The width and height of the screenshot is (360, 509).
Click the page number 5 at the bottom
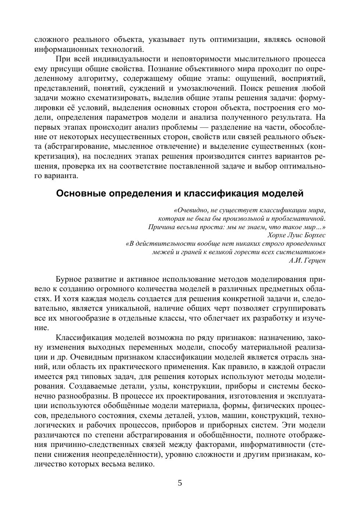[x=180, y=483]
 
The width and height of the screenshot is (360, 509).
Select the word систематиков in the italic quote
[x=301, y=252]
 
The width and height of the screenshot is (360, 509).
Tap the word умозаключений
[x=205, y=89]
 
